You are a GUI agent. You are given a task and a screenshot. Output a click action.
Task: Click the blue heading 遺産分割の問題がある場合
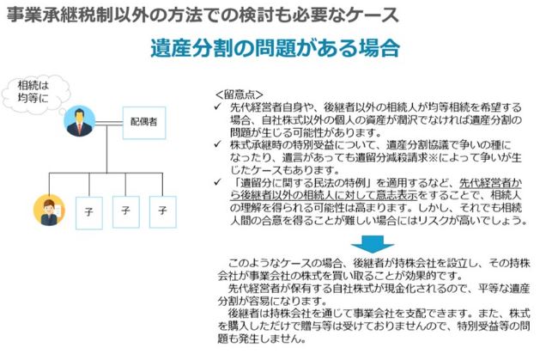pyautogui.click(x=275, y=48)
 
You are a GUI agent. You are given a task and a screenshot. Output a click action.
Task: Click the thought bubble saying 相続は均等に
pyautogui.click(x=35, y=93)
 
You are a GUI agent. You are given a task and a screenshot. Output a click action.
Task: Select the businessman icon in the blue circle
pyautogui.click(x=80, y=121)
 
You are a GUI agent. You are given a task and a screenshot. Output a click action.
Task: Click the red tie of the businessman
pyautogui.click(x=80, y=127)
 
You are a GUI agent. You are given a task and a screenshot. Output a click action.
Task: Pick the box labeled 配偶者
pyautogui.click(x=144, y=123)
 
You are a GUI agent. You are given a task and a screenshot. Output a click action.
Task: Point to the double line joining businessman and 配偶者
pyautogui.click(x=109, y=123)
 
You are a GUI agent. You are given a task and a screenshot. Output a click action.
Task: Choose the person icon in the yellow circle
pyautogui.click(x=49, y=211)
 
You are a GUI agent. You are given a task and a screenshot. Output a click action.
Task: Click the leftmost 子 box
pyautogui.click(x=89, y=213)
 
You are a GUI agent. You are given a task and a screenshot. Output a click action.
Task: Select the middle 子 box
pyautogui.click(x=125, y=212)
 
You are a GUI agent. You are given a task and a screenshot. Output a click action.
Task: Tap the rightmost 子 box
pyautogui.click(x=162, y=212)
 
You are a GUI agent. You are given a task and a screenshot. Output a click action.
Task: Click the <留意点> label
pyautogui.click(x=239, y=95)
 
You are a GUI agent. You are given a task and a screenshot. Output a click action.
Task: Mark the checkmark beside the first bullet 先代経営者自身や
pyautogui.click(x=218, y=107)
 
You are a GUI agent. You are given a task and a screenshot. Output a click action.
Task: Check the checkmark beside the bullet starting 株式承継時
pyautogui.click(x=218, y=144)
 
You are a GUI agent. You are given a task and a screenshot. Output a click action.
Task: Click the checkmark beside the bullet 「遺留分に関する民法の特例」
pyautogui.click(x=218, y=182)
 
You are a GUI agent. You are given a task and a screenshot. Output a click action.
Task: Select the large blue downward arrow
pyautogui.click(x=372, y=244)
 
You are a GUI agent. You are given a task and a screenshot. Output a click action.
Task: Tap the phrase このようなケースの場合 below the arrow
pyautogui.click(x=286, y=263)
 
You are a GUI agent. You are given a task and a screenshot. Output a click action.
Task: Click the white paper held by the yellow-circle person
pyautogui.click(x=58, y=211)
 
